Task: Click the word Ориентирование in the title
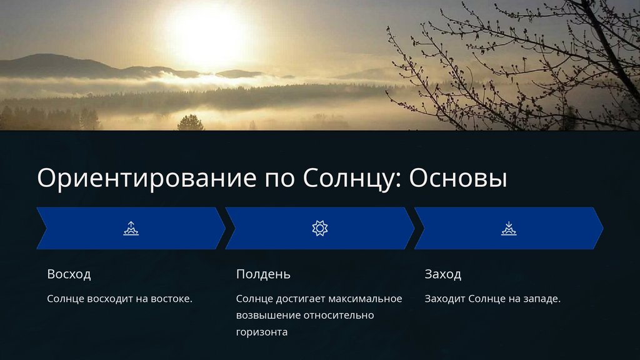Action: point(146,178)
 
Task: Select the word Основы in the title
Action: point(458,178)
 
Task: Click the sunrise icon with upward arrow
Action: point(131,229)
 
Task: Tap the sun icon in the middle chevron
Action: point(320,228)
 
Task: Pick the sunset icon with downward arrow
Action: point(509,229)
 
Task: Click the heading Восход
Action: point(69,274)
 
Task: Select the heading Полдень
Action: point(263,274)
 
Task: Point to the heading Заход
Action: point(443,274)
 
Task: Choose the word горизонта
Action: point(262,332)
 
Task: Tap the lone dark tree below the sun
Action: point(191,122)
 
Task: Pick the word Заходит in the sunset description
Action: point(445,299)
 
